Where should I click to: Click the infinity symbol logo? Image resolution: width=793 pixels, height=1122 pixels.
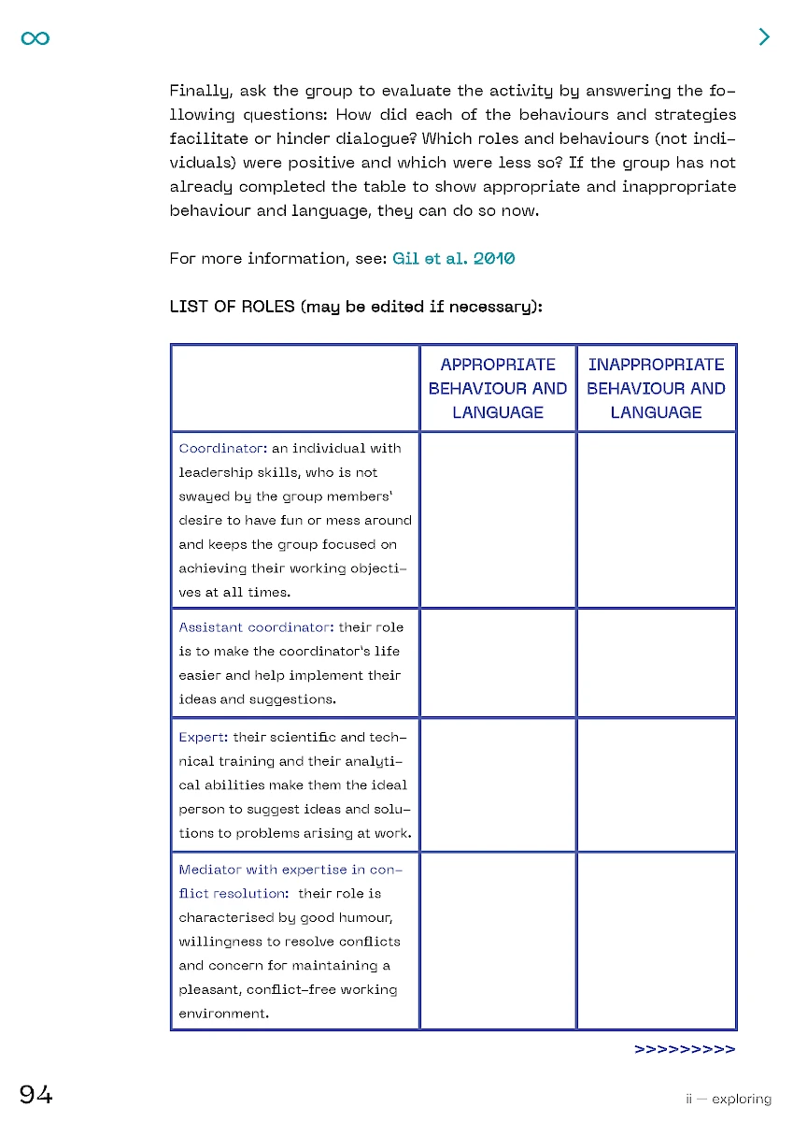coord(35,37)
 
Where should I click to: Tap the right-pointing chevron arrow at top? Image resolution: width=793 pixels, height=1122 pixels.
coord(764,36)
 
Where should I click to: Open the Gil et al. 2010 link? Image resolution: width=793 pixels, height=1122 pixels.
coord(453,258)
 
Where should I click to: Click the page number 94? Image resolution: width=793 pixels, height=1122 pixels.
coord(36,1095)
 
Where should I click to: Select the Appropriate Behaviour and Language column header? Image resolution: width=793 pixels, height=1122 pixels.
coord(498,388)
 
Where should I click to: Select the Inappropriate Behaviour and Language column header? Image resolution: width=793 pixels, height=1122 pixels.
coord(656,388)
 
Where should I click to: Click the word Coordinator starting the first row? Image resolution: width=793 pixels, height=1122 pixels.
coord(211,449)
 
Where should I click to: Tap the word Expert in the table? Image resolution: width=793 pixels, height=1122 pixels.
coord(202,737)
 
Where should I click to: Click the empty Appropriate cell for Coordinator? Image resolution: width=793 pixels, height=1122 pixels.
coord(498,519)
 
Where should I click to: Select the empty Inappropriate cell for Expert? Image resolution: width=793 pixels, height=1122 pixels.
coord(656,784)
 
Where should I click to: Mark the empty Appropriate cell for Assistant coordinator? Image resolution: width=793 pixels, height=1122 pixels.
coord(498,662)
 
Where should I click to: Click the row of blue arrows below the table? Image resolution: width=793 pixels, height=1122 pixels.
coord(685,1049)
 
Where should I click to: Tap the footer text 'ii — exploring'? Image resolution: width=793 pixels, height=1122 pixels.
coord(729,1100)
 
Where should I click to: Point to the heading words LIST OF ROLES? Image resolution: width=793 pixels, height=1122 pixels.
coord(233,306)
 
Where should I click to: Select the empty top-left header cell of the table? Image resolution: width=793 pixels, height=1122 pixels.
coord(295,388)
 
